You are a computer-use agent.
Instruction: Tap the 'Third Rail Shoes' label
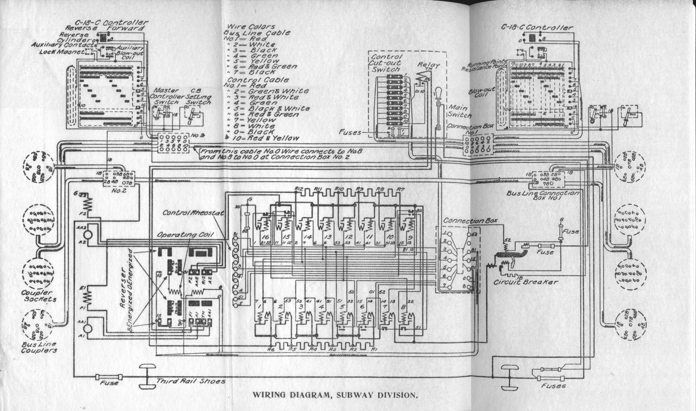click(190, 381)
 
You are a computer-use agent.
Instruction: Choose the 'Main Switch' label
click(459, 111)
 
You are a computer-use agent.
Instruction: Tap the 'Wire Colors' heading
click(251, 26)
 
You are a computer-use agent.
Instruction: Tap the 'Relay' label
click(428, 65)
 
